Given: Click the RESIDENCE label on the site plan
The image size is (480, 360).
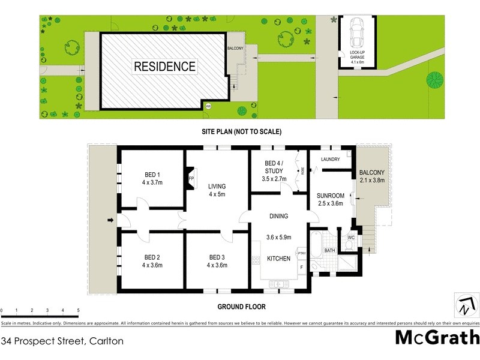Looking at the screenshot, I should coord(164,66).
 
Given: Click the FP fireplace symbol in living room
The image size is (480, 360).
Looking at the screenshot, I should coord(191,179).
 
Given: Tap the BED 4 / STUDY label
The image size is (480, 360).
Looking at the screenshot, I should coord(274,166).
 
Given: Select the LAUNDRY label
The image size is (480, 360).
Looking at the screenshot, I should coord(331,160).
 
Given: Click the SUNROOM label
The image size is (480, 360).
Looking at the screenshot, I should coord(331,195).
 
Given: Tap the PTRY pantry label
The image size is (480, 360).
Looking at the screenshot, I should coord(302,254).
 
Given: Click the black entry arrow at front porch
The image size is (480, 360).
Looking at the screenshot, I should coord(110,220).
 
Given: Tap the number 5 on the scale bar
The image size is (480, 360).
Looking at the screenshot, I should coord(78,310).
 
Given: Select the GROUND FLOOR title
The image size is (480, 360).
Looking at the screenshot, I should coord(241,307).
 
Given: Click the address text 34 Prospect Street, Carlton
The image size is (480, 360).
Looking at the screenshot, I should coord(62,341).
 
